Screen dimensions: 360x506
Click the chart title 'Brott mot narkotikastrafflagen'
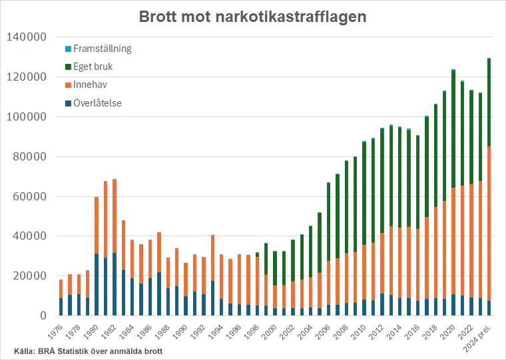pyautogui.click(x=252, y=17)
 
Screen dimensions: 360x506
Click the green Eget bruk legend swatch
pyautogui.click(x=68, y=67)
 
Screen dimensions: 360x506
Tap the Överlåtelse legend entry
pyautogui.click(x=97, y=102)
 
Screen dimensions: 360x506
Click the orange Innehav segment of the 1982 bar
pyautogui.click(x=115, y=216)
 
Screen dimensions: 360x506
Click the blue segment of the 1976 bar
pyautogui.click(x=61, y=307)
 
